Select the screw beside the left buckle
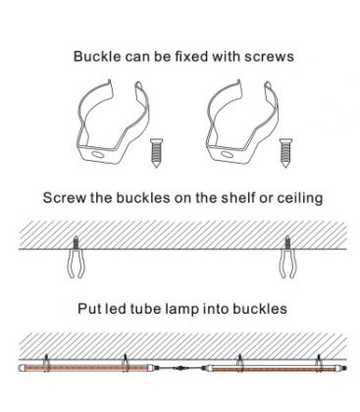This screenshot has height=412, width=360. click(156, 153)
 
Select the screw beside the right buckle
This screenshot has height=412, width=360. click(285, 153)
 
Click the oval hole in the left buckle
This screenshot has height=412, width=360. click(97, 154)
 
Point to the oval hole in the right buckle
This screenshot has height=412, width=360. click(227, 154)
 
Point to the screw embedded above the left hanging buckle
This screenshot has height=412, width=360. click(76, 242)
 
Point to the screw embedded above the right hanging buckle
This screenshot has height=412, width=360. click(287, 242)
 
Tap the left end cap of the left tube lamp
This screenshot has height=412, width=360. click(22, 368)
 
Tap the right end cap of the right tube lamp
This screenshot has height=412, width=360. click(343, 368)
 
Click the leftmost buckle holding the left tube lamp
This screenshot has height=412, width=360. click(46, 363)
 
